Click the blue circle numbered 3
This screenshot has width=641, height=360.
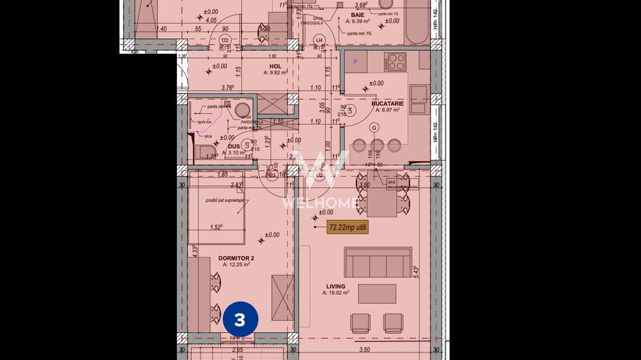click(240, 319)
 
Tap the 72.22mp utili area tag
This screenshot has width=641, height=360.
click(348, 227)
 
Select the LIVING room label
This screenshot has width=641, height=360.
click(336, 286)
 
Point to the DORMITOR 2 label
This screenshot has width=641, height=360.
click(236, 258)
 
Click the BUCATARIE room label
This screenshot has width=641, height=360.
click(387, 104)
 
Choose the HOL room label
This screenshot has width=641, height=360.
click(276, 66)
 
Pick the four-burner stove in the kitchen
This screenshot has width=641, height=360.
click(395, 61)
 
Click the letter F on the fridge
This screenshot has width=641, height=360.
click(355, 61)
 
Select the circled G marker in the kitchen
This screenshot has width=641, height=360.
click(374, 128)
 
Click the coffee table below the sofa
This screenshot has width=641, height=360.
click(377, 293)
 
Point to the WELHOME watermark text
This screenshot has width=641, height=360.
click(320, 202)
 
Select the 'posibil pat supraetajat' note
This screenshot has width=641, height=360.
click(223, 200)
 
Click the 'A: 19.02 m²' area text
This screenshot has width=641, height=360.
click(336, 293)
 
